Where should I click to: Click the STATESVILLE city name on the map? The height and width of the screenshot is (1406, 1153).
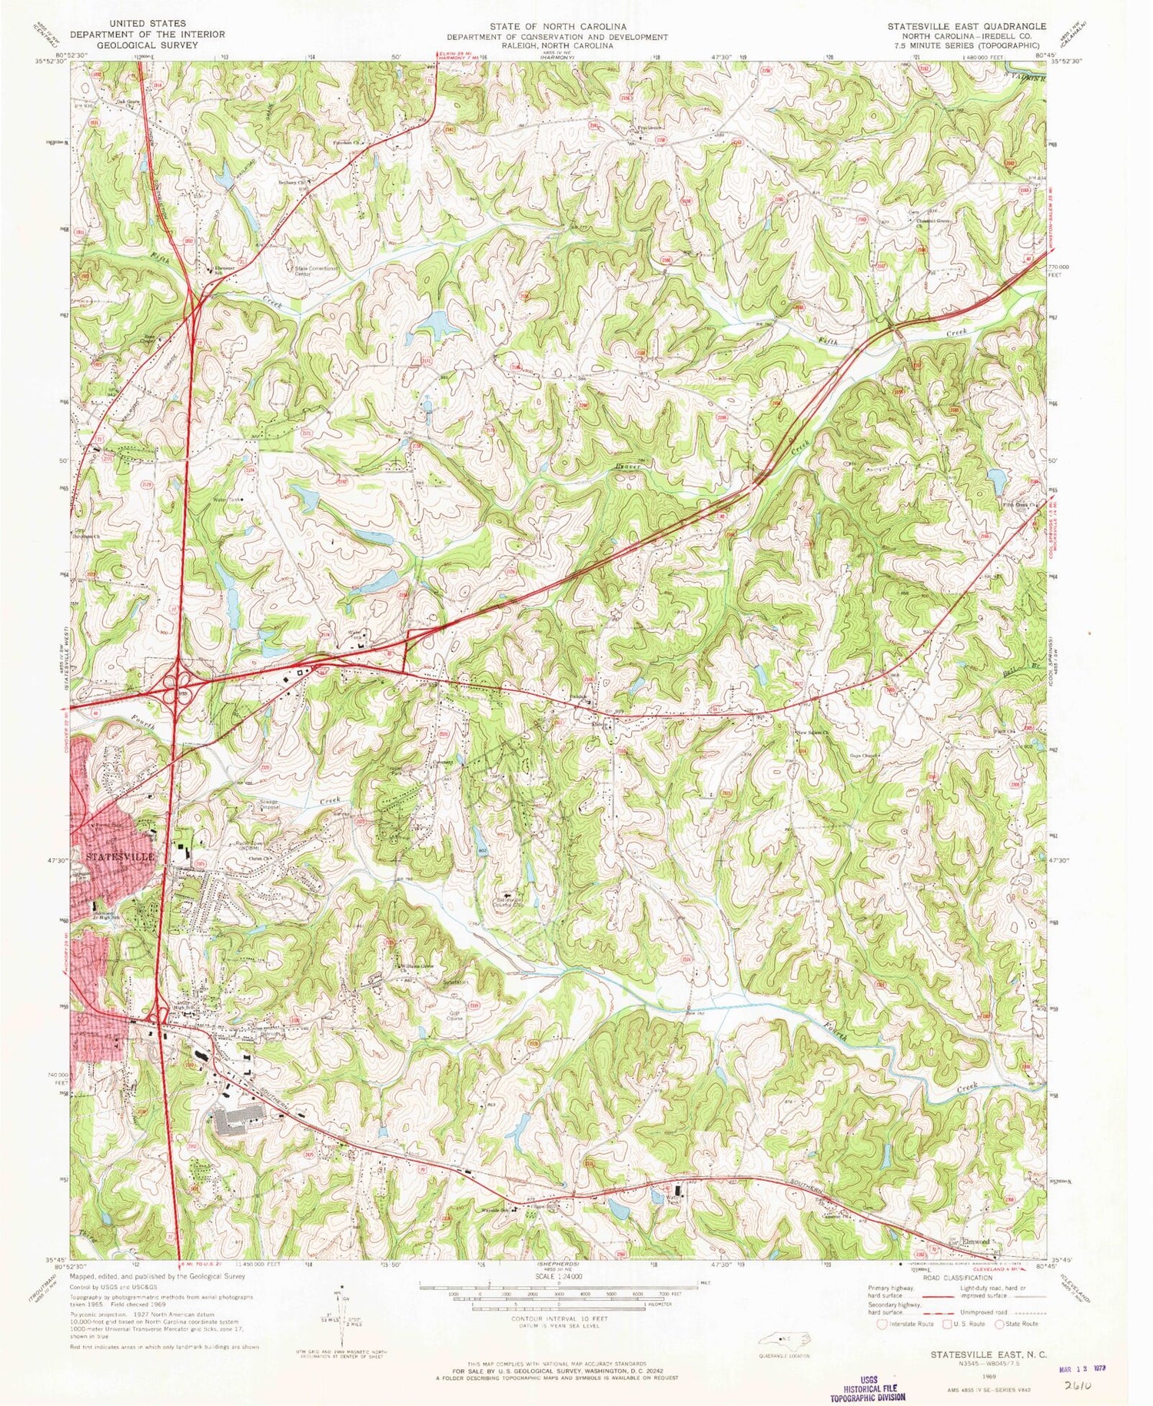[121, 856]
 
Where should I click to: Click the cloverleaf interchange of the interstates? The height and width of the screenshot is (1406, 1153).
[178, 681]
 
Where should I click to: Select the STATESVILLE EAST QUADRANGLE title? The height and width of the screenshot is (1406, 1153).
[966, 25]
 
